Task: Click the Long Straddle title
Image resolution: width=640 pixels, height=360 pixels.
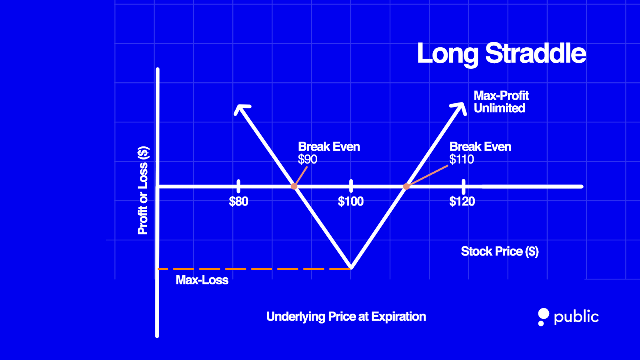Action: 501,54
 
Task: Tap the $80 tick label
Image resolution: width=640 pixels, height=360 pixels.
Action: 238,201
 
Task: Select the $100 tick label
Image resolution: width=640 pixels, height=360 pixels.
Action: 351,201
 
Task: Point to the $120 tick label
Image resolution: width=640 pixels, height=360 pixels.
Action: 462,201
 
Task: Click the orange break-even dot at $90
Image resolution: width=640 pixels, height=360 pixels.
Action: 294,186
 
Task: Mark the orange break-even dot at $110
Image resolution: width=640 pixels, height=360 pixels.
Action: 406,186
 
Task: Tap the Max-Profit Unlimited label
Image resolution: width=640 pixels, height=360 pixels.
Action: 501,102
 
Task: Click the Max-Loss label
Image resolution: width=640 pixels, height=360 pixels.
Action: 202,280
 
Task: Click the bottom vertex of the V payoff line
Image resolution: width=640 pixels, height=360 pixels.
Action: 351,267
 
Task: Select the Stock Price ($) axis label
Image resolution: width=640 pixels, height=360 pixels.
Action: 500,251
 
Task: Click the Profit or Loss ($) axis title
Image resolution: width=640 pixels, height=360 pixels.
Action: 143,190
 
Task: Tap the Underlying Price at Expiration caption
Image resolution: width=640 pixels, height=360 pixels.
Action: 346,317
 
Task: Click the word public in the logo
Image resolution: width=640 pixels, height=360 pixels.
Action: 576,317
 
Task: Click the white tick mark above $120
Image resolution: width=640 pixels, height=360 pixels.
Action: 464,186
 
